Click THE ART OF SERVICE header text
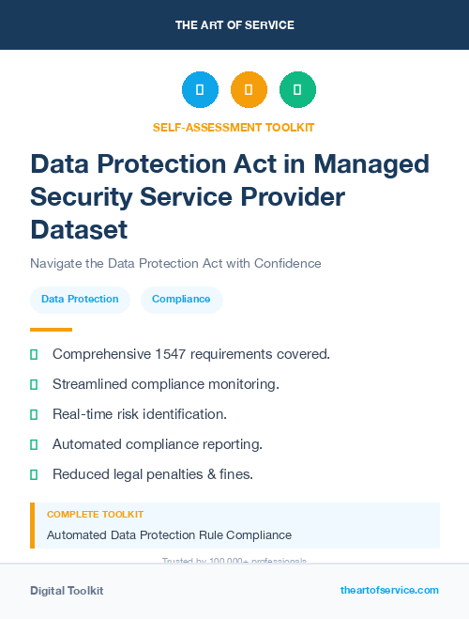coord(234,25)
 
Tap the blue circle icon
coord(200,90)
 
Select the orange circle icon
coord(249,90)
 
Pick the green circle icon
coord(297,90)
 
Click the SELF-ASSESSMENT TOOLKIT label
coord(234,127)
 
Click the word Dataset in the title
coord(78,228)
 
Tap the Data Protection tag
coord(80,300)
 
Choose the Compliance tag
coord(182,300)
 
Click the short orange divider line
coord(51,330)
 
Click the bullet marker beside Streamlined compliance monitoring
coord(35,384)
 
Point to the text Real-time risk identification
coord(140,414)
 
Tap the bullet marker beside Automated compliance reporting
coord(35,444)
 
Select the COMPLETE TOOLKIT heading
coord(95,515)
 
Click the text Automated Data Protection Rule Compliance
coord(169,535)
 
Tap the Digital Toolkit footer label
coord(67,591)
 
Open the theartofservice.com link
coord(389,590)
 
